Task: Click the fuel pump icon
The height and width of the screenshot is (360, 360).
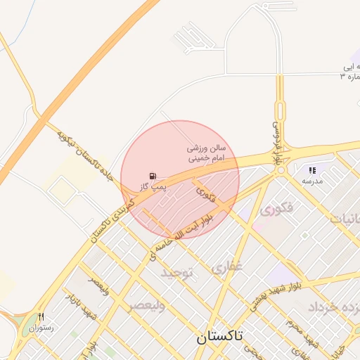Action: point(153,176)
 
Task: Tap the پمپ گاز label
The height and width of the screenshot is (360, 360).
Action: point(153,186)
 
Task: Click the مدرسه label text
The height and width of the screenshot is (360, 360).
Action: point(312,181)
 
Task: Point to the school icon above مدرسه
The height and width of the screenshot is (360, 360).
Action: point(312,169)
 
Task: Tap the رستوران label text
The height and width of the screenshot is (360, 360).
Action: point(41,328)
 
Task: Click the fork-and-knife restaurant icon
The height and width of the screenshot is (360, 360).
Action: point(41,317)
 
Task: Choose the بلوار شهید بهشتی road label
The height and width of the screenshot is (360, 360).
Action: point(277,293)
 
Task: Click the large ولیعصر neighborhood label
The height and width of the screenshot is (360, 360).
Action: point(147,306)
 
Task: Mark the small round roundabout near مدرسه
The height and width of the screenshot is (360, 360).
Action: point(281,110)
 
